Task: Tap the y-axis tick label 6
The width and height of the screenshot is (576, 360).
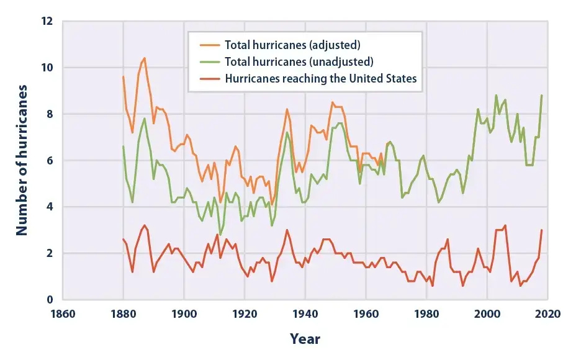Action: click(x=50, y=161)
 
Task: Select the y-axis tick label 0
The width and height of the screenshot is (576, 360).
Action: click(x=50, y=300)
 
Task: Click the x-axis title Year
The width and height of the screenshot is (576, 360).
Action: click(x=305, y=339)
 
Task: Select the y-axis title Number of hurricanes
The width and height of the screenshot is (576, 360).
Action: click(x=22, y=161)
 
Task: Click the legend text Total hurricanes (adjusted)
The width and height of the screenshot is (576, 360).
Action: click(x=292, y=45)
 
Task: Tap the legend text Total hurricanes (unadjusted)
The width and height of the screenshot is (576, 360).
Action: click(x=299, y=61)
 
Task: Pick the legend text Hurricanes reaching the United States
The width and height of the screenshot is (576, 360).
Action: click(x=320, y=78)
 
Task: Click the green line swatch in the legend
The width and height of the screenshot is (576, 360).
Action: click(x=209, y=61)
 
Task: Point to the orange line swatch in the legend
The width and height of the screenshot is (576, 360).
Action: click(x=209, y=45)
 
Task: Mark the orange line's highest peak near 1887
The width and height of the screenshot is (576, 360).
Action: click(x=145, y=58)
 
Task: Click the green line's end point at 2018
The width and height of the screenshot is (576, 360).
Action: click(x=542, y=95)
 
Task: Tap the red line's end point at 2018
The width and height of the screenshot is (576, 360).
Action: click(x=542, y=230)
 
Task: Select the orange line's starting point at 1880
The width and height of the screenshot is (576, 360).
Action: click(x=124, y=76)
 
